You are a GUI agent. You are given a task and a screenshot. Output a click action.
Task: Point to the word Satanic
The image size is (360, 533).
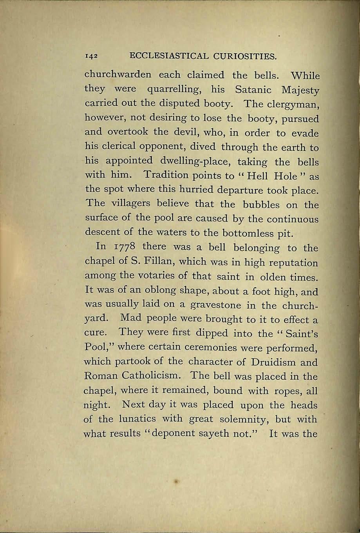[x=253, y=89]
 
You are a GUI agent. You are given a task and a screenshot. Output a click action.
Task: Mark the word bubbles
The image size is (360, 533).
[x=261, y=205]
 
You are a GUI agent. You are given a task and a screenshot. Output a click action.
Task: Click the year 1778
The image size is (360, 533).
[x=123, y=248]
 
